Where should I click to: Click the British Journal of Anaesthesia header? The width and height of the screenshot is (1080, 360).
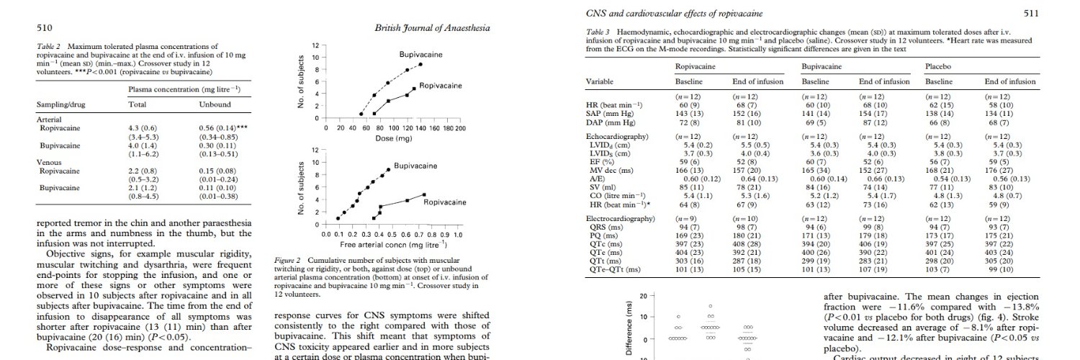(433, 28)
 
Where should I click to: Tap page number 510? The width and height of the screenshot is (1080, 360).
(44, 28)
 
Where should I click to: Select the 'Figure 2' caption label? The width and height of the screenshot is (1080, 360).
(288, 260)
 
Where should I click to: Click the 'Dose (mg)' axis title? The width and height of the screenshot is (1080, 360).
(392, 138)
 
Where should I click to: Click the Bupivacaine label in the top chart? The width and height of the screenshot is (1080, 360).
(421, 55)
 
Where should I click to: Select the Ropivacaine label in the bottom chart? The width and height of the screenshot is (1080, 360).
(445, 202)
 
